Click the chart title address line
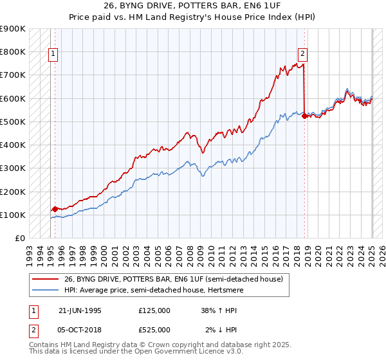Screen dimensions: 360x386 [x=192, y=6]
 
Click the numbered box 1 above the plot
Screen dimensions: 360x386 [x=53, y=55]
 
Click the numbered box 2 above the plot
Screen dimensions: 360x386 [x=302, y=55]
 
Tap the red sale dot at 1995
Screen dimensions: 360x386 [x=55, y=209]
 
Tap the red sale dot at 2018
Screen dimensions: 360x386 [x=304, y=116]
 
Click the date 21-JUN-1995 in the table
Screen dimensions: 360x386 [x=80, y=310]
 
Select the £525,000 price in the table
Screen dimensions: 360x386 [x=154, y=330]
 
